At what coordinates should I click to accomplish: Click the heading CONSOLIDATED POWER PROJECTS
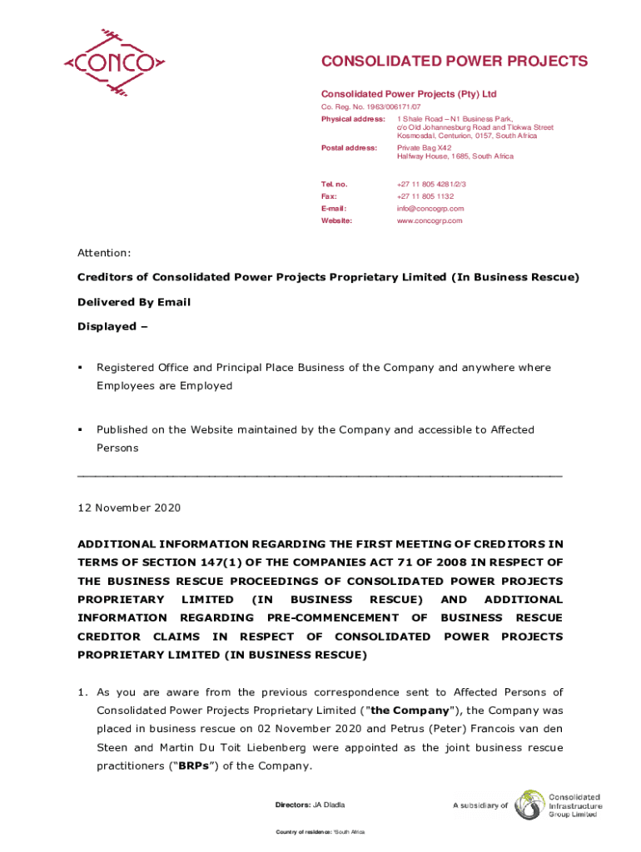[x=455, y=62]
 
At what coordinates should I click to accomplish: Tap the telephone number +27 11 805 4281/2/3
[x=431, y=184]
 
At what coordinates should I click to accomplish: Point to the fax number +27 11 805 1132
[x=425, y=196]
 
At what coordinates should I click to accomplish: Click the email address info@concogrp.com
[x=430, y=209]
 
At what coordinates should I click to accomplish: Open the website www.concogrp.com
[x=430, y=221]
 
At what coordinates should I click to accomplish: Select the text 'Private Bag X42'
[x=425, y=147]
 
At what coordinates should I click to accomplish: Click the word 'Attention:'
[x=104, y=252]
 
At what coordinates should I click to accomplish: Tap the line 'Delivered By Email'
[x=134, y=302]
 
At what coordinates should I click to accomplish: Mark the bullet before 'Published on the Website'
[x=80, y=430]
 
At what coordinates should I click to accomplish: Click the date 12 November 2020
[x=129, y=508]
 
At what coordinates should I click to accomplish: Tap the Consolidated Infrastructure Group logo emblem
[x=529, y=805]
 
